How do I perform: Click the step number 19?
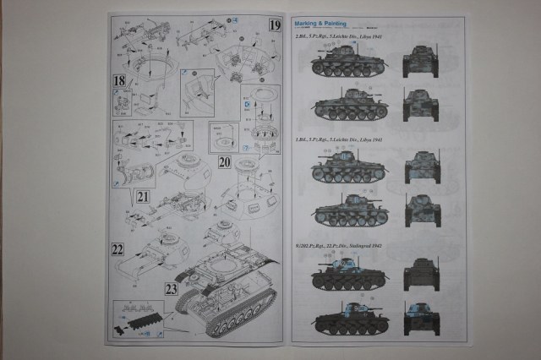point(274,25)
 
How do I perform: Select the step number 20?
point(225,161)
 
